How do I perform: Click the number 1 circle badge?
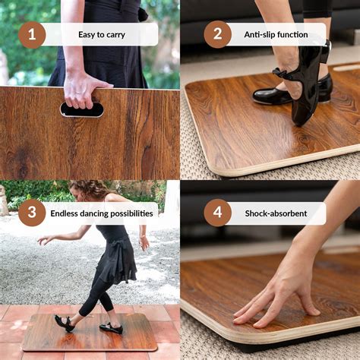pos(32,34)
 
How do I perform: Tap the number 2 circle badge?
pos(217,34)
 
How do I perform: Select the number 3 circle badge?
pos(32,213)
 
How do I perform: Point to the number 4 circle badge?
pos(217,213)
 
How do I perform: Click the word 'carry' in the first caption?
pos(114,35)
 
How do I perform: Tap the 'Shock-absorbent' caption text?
pos(276,213)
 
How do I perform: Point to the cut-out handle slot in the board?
pos(81,110)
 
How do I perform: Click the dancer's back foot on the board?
pos(111,328)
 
